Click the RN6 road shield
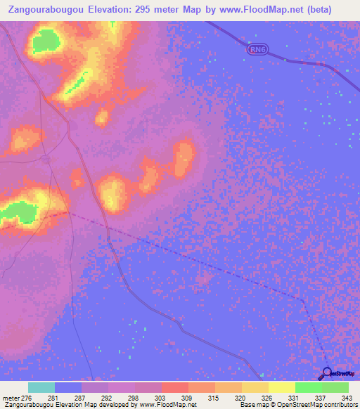point(258,50)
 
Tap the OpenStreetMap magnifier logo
point(327,372)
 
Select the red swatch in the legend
point(175,387)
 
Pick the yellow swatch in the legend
point(282,387)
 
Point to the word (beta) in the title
point(333,10)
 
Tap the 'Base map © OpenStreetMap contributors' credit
point(299,405)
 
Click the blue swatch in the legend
point(68,387)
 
